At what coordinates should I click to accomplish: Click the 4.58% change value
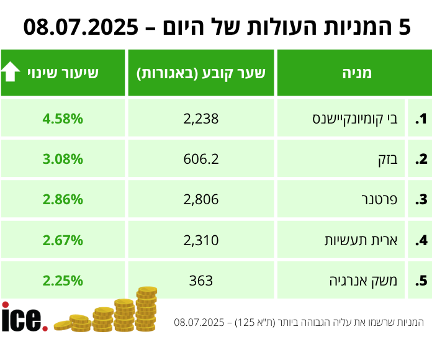coord(63,119)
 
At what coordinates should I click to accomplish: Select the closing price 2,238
coord(201,119)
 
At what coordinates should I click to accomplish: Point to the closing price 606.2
coord(201,159)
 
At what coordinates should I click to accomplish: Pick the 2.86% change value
coord(63,199)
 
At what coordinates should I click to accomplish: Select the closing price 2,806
coord(201,199)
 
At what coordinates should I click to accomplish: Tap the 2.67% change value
coord(63,240)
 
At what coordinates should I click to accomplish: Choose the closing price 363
coord(201,280)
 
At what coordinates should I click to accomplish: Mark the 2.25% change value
coord(63,280)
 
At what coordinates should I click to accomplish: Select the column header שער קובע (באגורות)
coord(201,73)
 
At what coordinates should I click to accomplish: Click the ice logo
coord(24,318)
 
